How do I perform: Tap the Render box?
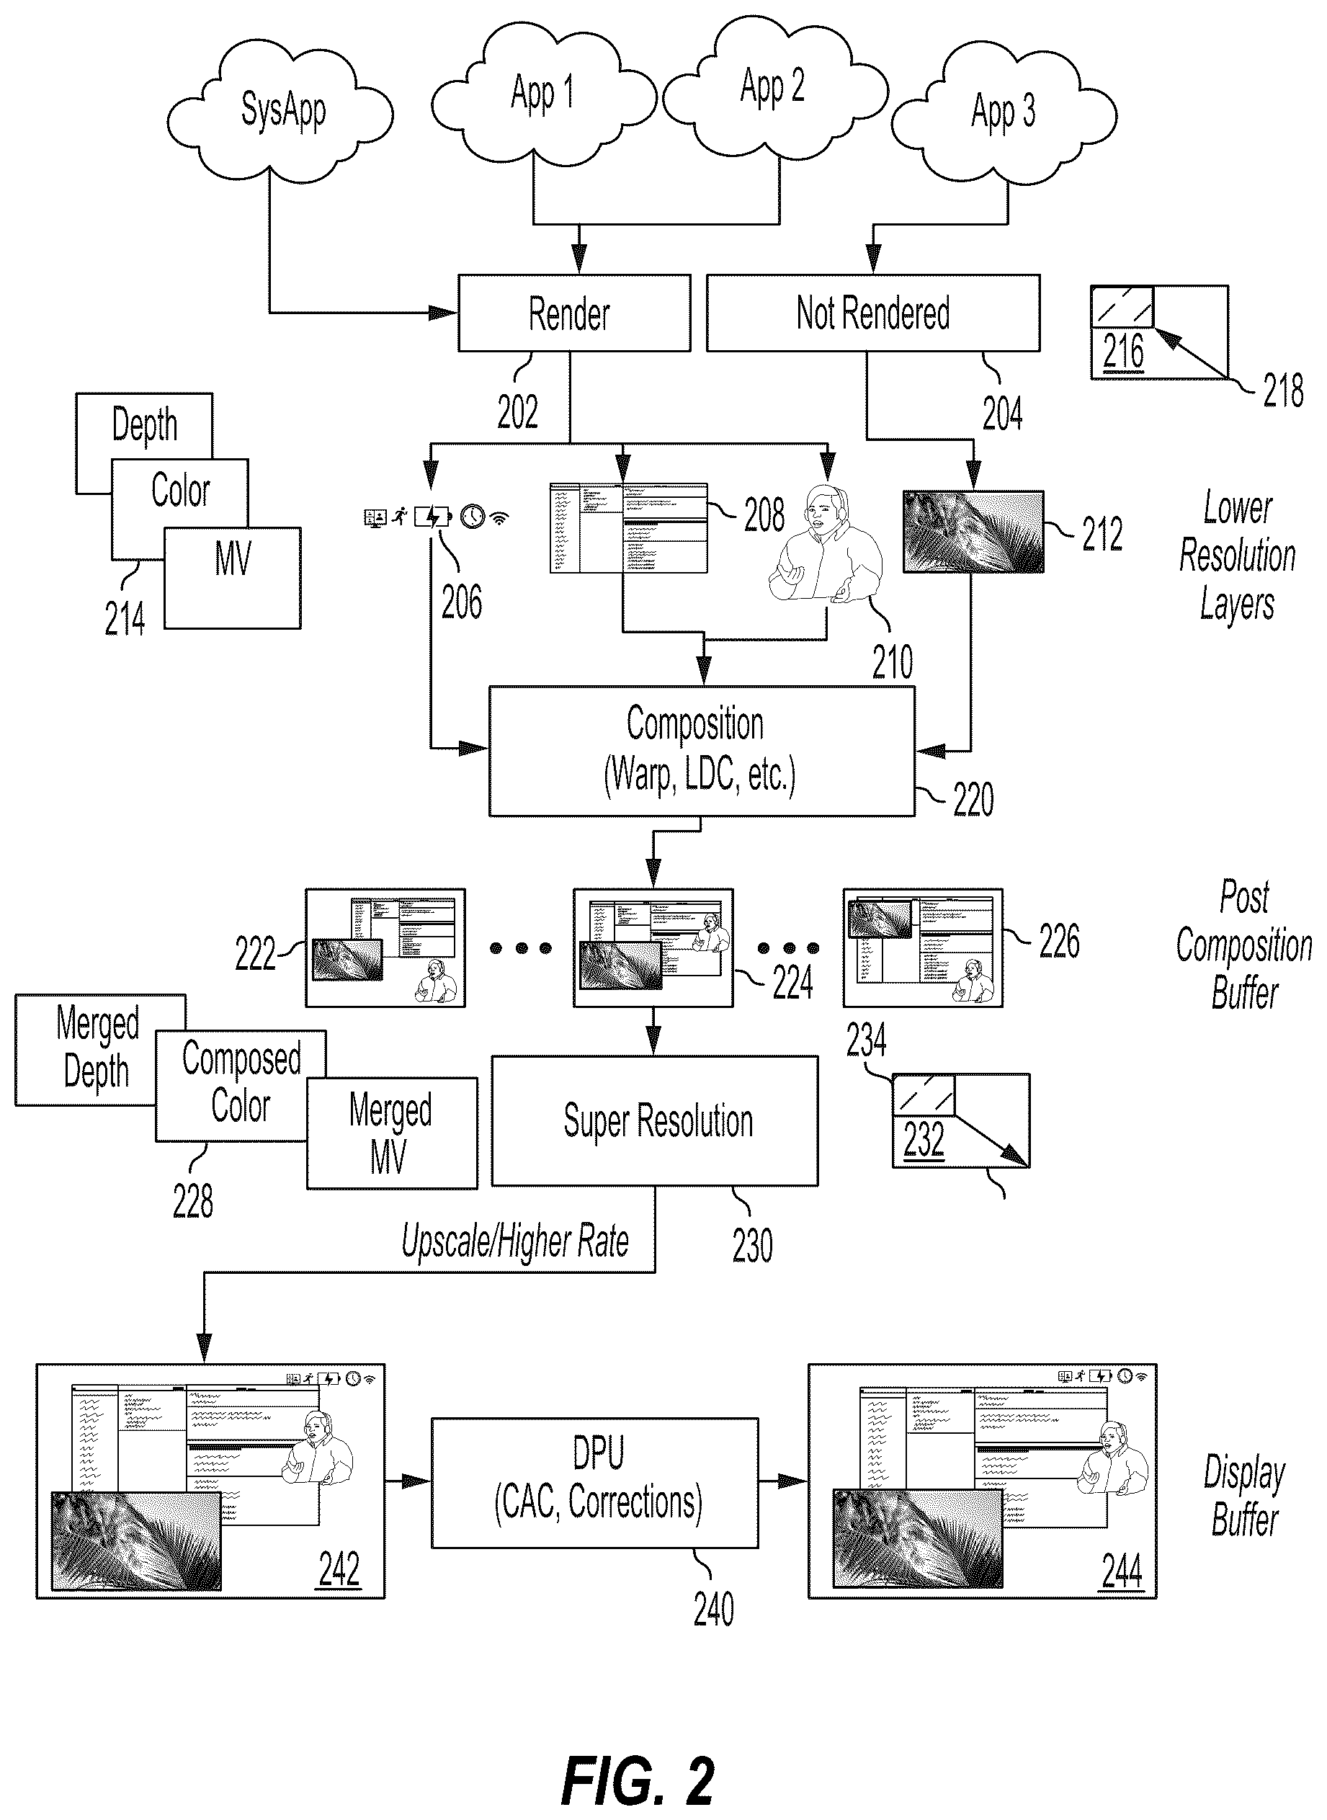[573, 313]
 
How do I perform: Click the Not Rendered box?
[873, 313]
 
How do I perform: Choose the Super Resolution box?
[655, 1120]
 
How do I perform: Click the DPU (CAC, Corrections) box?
[595, 1483]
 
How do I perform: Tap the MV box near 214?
[233, 577]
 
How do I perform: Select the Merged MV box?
[392, 1133]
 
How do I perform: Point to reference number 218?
[1283, 392]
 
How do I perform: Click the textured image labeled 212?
[973, 532]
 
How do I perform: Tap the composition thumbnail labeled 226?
[923, 947]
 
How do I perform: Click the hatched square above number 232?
[924, 1094]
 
